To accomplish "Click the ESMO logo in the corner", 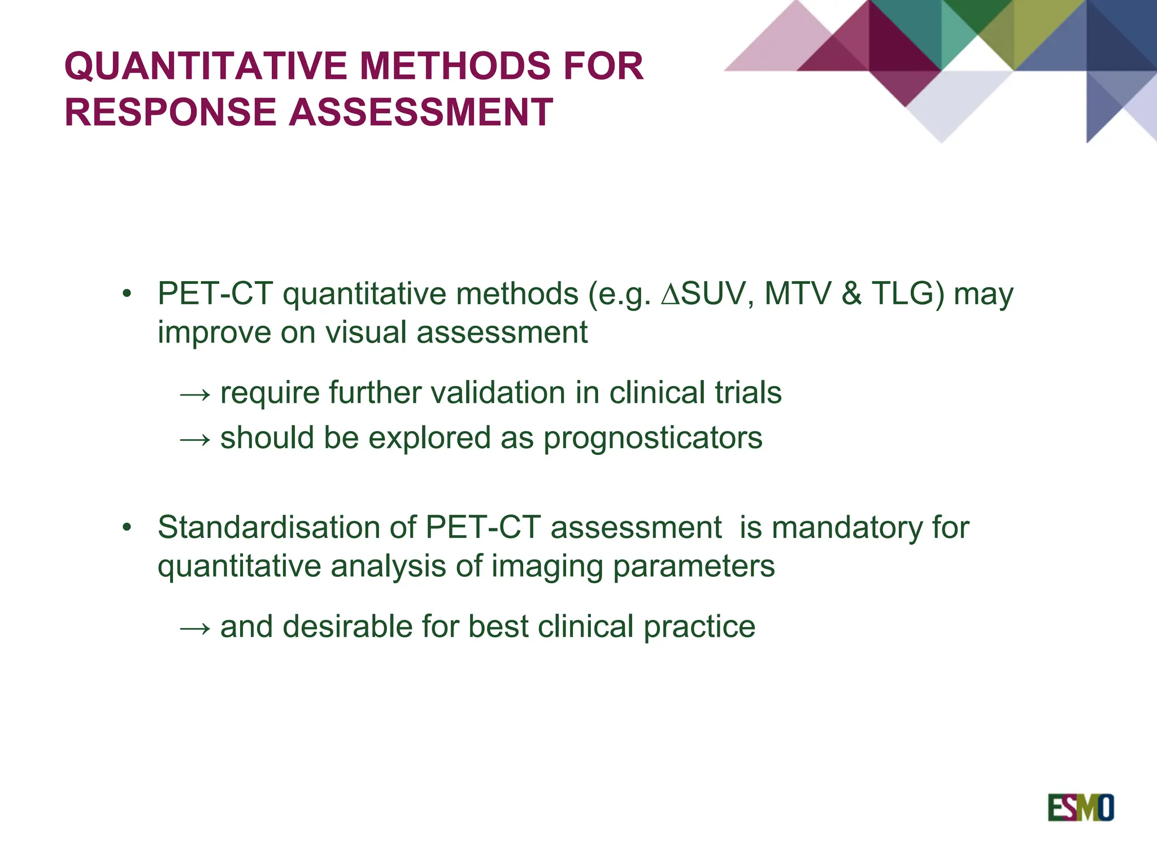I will coord(1080,808).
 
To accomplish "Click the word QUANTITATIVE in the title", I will coord(207,66).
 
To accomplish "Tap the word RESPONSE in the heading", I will coord(170,112).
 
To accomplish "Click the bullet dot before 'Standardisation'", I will coord(127,527).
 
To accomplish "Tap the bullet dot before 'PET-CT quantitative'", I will coord(127,294).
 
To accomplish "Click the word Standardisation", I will coord(268,527).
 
